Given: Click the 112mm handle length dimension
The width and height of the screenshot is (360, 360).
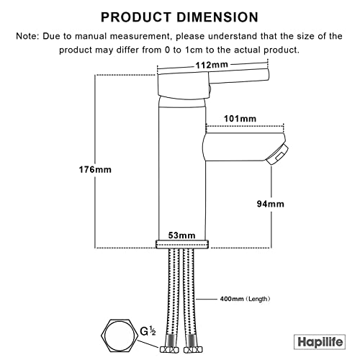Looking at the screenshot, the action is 212,65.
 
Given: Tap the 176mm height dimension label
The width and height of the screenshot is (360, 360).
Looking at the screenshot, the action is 95,170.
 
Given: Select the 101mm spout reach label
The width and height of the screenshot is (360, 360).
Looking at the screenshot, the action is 240,119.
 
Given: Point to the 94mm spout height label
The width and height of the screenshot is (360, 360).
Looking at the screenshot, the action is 271,204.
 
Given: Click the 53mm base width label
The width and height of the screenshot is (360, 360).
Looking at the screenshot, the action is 181,235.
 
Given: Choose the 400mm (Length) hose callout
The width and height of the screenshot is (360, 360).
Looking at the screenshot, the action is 245,299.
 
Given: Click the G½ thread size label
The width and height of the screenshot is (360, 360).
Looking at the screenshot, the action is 148,331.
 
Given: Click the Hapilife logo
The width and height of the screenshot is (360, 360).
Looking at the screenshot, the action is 320,342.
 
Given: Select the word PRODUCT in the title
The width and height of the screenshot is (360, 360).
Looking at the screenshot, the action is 136,17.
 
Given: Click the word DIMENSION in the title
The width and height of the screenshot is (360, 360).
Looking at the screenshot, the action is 217,17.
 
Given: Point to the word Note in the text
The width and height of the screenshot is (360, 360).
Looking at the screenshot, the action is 27,36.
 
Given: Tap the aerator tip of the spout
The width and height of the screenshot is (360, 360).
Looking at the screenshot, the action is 278,154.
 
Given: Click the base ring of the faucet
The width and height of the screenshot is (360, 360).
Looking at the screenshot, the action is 182,244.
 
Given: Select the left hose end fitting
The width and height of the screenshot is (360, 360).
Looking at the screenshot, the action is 169,350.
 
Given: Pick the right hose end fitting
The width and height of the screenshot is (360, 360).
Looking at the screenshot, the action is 193,350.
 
